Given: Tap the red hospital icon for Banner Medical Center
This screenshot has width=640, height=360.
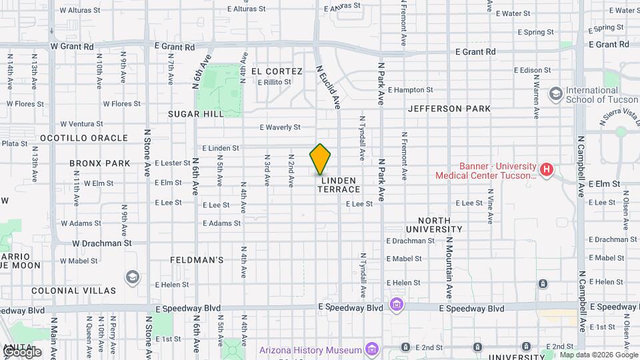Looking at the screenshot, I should pyautogui.click(x=547, y=170).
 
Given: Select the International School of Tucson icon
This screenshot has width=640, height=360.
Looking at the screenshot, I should pyautogui.click(x=555, y=94).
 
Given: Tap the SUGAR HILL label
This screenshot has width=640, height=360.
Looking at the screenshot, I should pyautogui.click(x=195, y=114).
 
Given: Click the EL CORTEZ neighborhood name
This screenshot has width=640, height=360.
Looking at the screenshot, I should pyautogui.click(x=277, y=71).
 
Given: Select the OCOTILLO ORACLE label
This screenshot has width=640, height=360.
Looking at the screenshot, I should pyautogui.click(x=84, y=138).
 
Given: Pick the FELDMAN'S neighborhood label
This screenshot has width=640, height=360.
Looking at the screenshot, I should pyautogui.click(x=197, y=259).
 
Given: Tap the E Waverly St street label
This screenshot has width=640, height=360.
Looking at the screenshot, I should pyautogui.click(x=280, y=127).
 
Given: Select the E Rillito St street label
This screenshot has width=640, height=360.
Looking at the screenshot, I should pyautogui.click(x=275, y=82).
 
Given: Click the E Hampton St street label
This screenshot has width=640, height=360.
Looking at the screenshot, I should pyautogui.click(x=410, y=89).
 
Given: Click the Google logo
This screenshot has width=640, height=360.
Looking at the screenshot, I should pyautogui.click(x=22, y=352).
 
